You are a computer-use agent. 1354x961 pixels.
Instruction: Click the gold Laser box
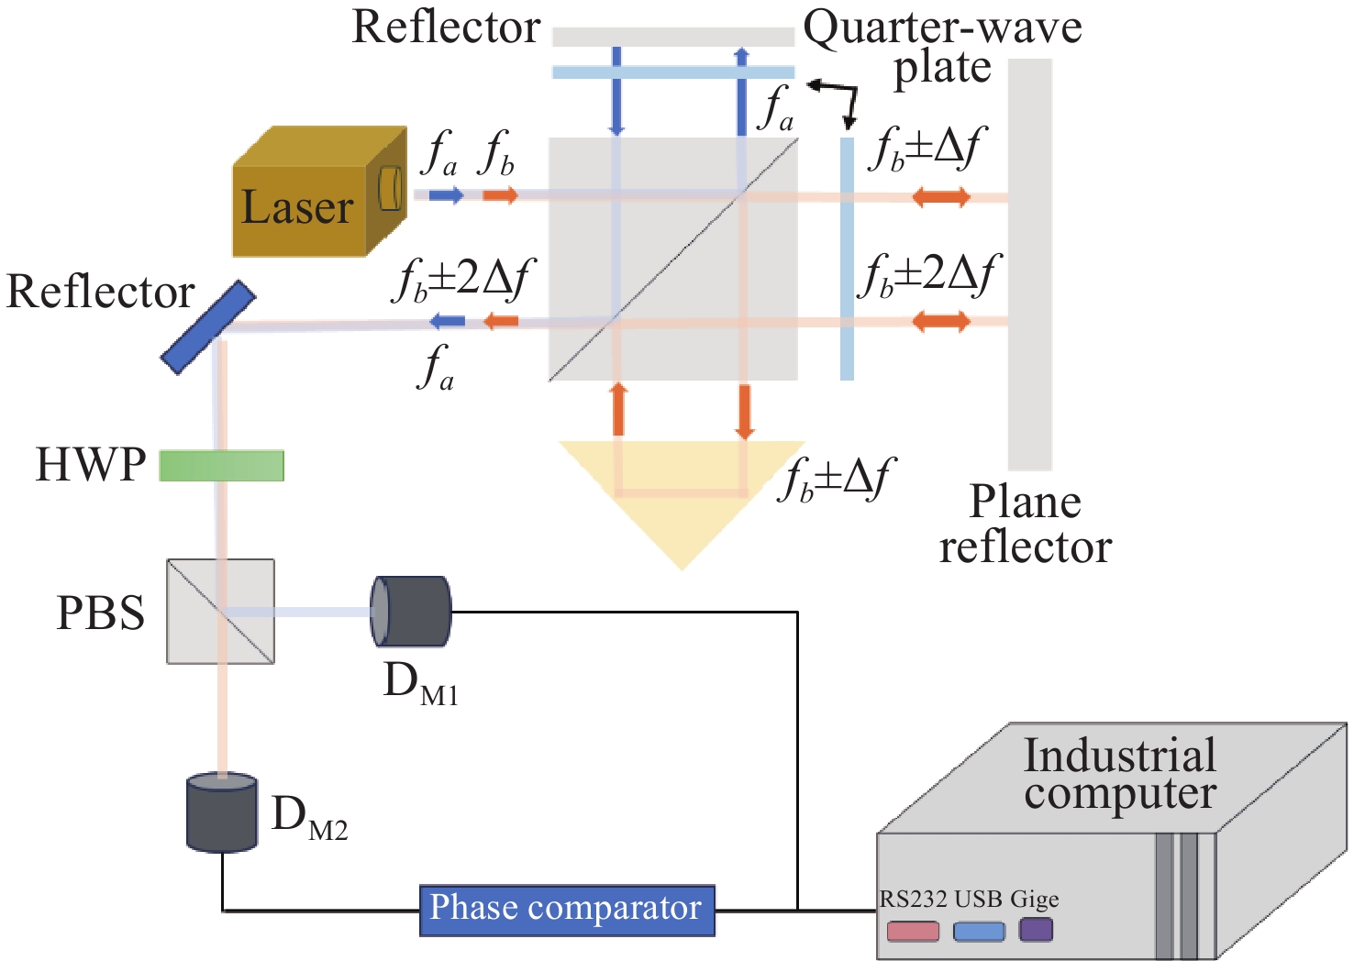(x=319, y=193)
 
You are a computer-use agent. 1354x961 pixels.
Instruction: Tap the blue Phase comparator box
(x=567, y=911)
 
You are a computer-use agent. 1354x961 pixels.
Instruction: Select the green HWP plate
(x=221, y=466)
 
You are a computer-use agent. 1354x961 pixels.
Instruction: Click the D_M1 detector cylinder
(x=411, y=611)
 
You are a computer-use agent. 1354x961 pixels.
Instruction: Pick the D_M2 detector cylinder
(x=222, y=812)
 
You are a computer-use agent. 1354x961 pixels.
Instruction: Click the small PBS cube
(x=221, y=611)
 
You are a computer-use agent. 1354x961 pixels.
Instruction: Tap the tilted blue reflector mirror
(x=208, y=327)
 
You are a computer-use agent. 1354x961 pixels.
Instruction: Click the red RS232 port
(x=913, y=932)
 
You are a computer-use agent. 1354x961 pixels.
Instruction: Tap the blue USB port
(x=979, y=932)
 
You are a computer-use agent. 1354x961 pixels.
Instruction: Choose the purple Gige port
(x=1036, y=930)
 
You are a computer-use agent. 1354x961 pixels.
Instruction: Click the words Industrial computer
(x=1119, y=773)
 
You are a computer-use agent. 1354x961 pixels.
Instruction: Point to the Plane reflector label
(x=1026, y=525)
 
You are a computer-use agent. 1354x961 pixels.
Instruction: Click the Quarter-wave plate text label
(x=943, y=47)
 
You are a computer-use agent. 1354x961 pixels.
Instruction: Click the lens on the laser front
(x=390, y=188)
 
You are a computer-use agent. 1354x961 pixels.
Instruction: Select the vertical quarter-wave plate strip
(x=848, y=259)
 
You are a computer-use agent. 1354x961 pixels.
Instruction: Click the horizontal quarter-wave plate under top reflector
(x=673, y=72)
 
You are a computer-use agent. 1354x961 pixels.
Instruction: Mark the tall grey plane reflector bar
(x=1030, y=264)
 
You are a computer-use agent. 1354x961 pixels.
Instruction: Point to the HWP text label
(x=91, y=465)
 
